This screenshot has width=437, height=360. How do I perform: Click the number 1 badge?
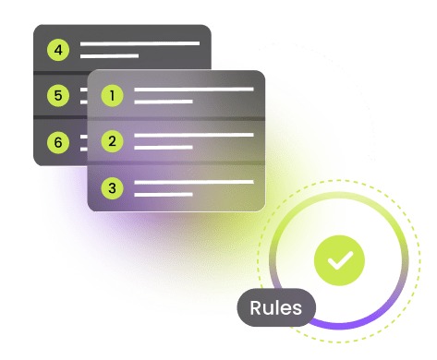(x=113, y=94)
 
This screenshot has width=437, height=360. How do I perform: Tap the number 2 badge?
(x=113, y=141)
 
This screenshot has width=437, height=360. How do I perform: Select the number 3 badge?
(x=113, y=188)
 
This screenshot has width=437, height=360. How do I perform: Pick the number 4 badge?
(x=58, y=48)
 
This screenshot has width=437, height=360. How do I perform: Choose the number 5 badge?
(x=58, y=95)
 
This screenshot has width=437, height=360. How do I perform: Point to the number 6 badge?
(x=58, y=142)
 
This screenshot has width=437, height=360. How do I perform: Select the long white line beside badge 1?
(x=193, y=90)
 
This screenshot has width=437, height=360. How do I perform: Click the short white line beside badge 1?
(x=164, y=101)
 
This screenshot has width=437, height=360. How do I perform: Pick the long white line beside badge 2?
(x=193, y=136)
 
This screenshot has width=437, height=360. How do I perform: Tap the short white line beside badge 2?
(x=164, y=147)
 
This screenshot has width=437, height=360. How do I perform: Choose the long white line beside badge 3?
(x=193, y=183)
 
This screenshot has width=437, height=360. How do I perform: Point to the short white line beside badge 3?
(x=164, y=194)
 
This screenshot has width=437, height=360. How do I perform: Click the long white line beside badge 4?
(x=140, y=43)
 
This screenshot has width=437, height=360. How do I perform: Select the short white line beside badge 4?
(x=109, y=55)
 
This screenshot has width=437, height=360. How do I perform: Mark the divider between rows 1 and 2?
(x=176, y=118)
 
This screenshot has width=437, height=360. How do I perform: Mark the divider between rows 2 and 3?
(x=176, y=164)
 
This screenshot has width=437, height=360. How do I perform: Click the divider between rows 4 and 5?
(x=59, y=72)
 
